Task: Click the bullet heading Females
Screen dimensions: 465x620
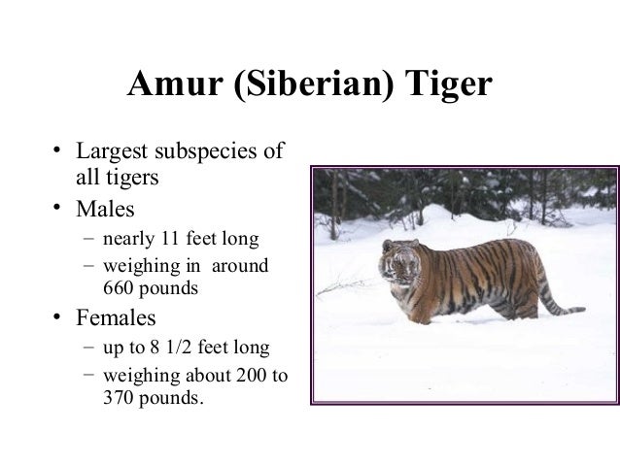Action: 117,317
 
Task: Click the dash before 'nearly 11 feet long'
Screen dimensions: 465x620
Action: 88,239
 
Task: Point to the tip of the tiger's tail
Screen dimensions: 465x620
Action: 580,311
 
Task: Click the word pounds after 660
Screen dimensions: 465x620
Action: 171,289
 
